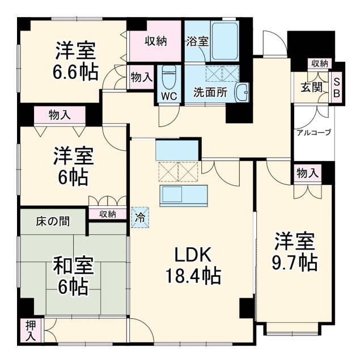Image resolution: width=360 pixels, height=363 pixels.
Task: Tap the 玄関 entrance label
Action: pyautogui.click(x=312, y=87)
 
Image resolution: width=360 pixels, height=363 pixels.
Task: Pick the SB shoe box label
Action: pyautogui.click(x=336, y=88)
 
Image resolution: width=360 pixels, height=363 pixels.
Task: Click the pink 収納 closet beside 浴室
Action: pyautogui.click(x=155, y=41)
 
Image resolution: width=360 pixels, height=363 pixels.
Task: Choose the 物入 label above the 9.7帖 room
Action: pyautogui.click(x=307, y=174)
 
